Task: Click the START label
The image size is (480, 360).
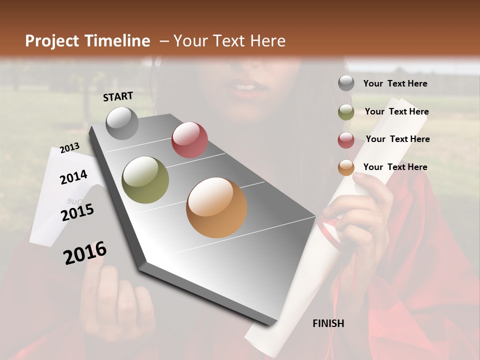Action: pos(118,96)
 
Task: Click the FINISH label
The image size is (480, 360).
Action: pos(328,323)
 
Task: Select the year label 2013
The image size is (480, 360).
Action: pos(69,147)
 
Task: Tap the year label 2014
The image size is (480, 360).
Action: pos(73,177)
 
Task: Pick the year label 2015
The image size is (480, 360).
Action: pos(77,212)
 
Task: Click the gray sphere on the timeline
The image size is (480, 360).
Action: pos(122,123)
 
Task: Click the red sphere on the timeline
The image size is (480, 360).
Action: pos(189,140)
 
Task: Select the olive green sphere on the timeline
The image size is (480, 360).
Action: pos(145,180)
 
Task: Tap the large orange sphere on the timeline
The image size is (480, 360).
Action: pos(216,207)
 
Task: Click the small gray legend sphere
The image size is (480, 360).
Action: pos(346,83)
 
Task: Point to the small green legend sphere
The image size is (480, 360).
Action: pos(346,112)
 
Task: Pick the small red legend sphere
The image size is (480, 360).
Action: pos(346,140)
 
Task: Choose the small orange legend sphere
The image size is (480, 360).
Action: pos(346,167)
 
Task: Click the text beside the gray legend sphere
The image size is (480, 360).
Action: pos(395,83)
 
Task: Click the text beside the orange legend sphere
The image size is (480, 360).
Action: pos(395,167)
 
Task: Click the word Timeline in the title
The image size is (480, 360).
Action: pos(117,41)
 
